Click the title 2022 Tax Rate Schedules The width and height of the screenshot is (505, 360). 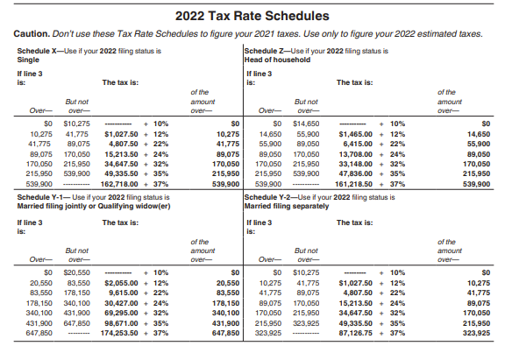[252, 15]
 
